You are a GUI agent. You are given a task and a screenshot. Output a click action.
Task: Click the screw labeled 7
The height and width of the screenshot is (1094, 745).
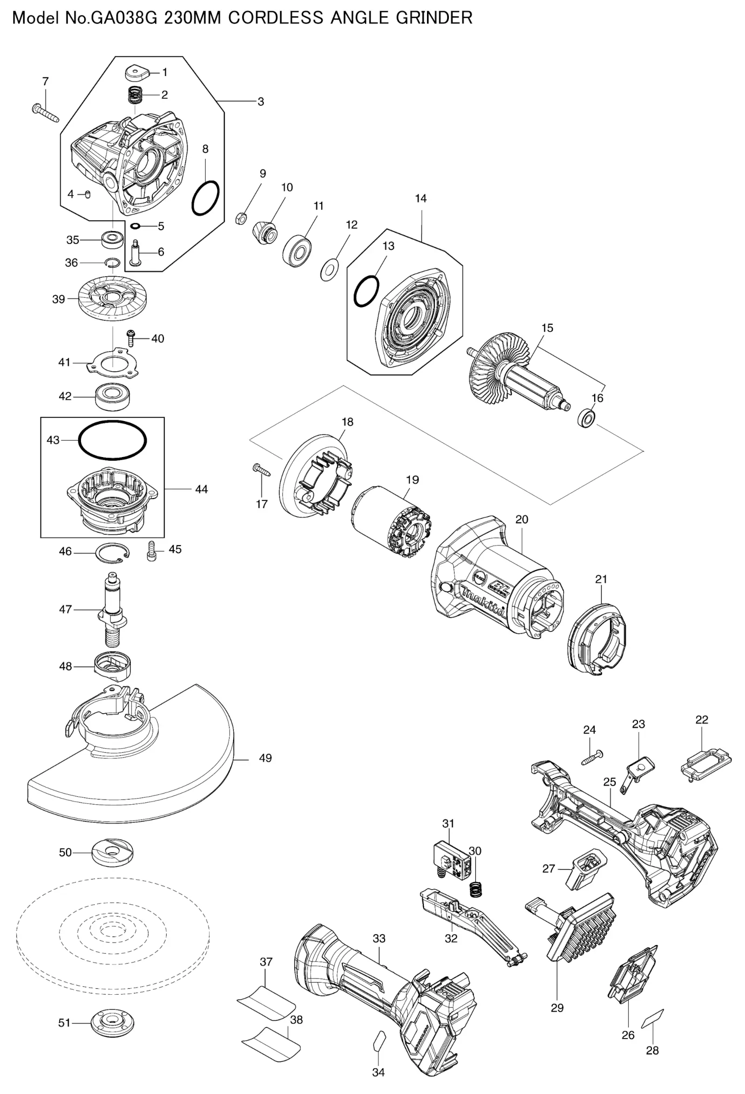point(45,113)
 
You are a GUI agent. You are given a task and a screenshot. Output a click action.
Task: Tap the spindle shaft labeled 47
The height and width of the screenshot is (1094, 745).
point(112,610)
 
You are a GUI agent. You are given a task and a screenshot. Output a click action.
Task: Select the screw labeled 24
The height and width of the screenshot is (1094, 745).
point(592,759)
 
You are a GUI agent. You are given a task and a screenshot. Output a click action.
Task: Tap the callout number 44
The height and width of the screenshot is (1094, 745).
point(201,490)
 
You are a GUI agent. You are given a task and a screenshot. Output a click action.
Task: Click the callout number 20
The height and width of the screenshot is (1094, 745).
point(521,520)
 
